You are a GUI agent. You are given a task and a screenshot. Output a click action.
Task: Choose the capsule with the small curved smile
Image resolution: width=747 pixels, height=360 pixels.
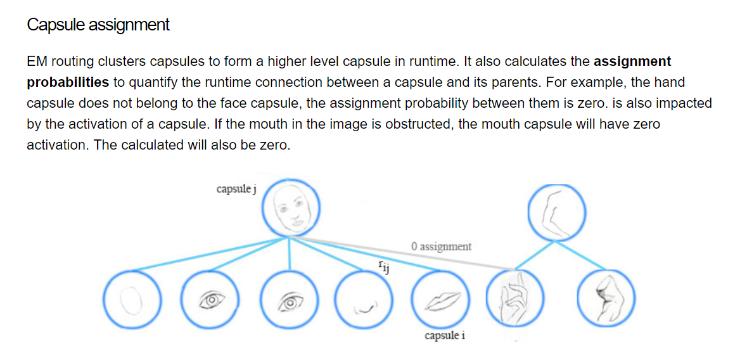tap(364, 300)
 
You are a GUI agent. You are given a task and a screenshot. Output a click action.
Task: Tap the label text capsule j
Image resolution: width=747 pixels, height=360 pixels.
tap(236, 189)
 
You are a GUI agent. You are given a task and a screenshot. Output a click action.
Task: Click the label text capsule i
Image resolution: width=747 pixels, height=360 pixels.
tap(445, 335)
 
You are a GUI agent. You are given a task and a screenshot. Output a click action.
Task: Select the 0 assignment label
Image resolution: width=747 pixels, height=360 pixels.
tap(441, 246)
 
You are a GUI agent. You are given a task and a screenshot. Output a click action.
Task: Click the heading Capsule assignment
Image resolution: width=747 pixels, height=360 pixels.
tap(98, 25)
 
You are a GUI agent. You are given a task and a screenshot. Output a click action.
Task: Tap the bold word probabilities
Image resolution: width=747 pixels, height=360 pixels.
tap(68, 82)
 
